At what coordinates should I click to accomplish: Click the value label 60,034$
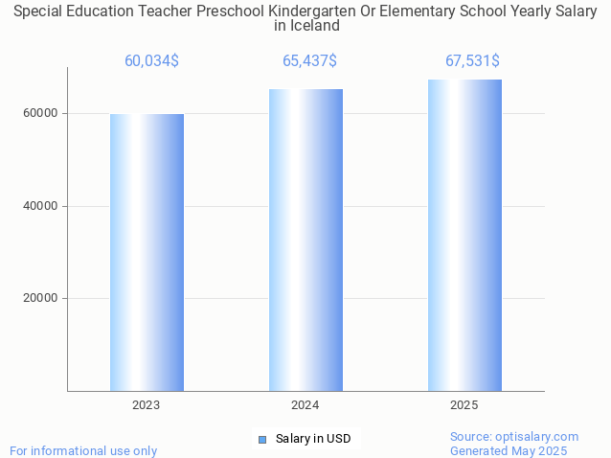click(x=151, y=61)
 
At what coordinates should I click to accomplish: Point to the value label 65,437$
click(x=309, y=61)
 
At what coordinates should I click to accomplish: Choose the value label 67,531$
click(x=472, y=61)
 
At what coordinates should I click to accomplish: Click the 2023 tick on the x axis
click(x=147, y=405)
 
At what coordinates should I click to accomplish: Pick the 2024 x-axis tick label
click(x=305, y=405)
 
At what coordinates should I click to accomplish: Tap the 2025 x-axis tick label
click(x=464, y=405)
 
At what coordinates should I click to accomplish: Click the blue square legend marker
click(x=262, y=439)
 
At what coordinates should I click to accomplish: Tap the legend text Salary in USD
click(x=313, y=439)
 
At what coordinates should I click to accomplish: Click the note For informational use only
click(x=83, y=450)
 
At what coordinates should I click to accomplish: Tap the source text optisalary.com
click(x=536, y=436)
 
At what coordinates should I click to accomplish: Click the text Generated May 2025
click(x=509, y=450)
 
